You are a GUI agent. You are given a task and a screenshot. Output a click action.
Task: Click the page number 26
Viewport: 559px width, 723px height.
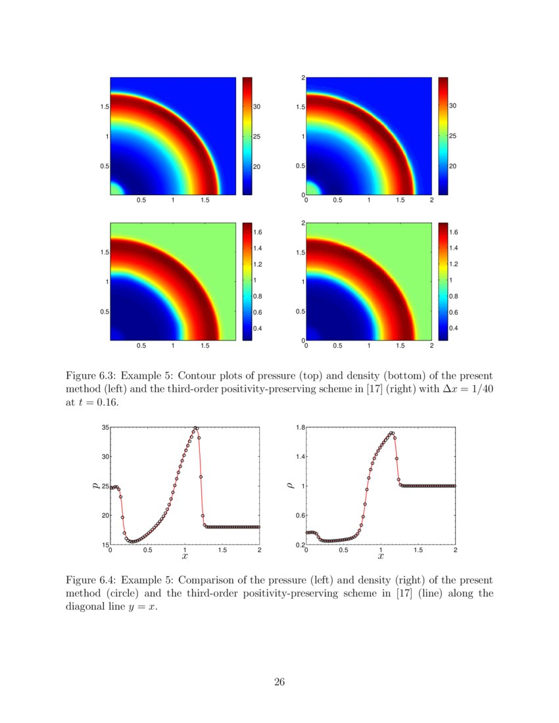tap(279, 682)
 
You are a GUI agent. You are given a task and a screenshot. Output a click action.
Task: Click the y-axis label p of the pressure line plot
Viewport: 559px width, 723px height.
tap(96, 486)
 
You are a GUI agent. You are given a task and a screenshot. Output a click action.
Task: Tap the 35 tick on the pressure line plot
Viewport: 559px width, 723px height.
tap(105, 428)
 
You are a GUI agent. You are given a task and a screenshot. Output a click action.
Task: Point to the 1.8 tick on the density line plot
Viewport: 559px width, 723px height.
tap(299, 428)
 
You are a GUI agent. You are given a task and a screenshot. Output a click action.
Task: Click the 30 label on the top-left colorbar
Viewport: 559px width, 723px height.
tap(258, 106)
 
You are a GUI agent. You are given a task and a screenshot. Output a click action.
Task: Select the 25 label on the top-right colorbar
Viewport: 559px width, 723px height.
tap(452, 137)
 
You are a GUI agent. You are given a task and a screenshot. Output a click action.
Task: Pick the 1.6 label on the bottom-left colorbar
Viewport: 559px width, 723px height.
tap(258, 233)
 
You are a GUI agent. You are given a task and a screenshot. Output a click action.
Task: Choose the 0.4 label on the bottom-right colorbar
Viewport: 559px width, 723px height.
tap(453, 327)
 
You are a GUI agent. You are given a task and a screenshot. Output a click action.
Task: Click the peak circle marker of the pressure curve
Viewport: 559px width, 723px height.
tap(196, 429)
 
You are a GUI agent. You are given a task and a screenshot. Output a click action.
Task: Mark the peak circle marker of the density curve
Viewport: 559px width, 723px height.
tap(392, 433)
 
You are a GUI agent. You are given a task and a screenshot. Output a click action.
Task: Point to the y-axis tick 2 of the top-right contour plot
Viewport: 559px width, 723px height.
tap(303, 78)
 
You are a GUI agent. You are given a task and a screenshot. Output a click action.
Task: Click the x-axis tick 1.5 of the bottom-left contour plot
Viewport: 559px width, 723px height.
tap(205, 345)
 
